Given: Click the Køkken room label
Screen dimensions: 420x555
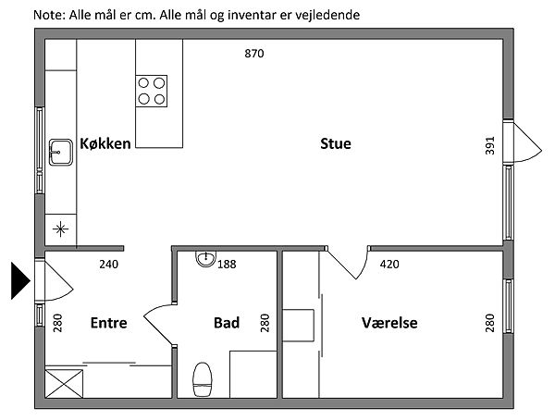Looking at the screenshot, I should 105,142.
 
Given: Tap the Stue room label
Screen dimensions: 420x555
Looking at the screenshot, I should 336,143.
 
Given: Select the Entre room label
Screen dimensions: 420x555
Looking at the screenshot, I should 108,323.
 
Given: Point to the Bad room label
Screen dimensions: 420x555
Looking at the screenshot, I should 227,323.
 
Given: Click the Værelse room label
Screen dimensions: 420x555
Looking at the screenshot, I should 389,323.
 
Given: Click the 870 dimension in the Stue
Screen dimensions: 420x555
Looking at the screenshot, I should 254,54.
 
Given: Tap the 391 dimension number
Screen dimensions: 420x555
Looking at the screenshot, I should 490,145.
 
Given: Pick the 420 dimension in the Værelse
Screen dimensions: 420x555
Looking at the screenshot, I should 389,265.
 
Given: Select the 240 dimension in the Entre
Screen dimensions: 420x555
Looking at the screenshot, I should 108,265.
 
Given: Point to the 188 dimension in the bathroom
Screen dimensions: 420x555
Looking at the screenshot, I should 227,265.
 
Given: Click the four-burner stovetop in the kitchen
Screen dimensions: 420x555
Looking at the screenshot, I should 153,91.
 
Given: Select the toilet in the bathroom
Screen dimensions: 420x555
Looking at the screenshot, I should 202,379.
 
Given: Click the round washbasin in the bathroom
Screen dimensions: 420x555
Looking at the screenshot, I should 205,259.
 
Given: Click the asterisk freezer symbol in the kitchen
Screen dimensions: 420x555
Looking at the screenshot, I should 60,228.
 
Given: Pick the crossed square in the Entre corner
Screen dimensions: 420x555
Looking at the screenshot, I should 63,382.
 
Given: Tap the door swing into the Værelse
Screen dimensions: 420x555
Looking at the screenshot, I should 347,263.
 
